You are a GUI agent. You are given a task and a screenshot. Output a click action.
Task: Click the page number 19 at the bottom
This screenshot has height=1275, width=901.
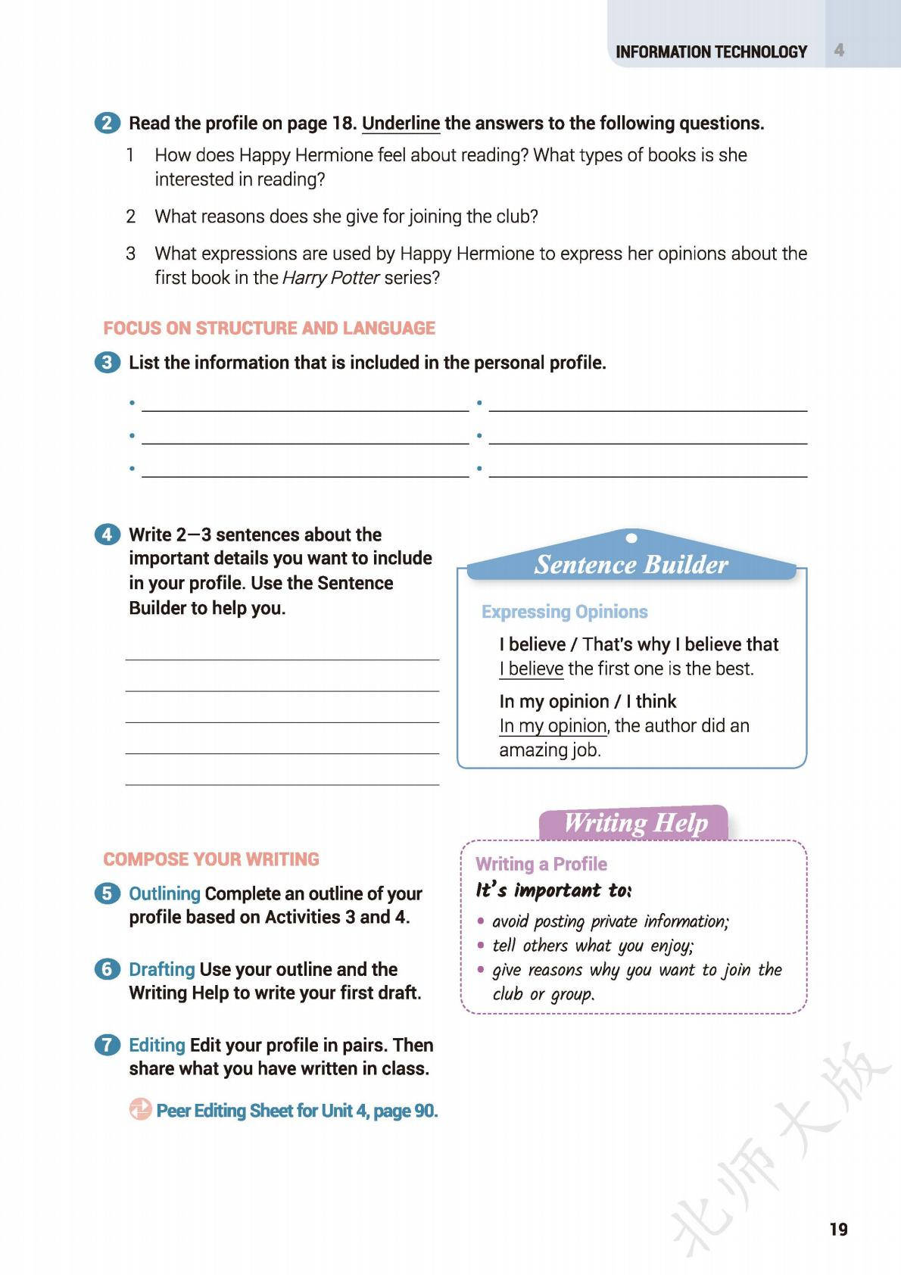[838, 1229]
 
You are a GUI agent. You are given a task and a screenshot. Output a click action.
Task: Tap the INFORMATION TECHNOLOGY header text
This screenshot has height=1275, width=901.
[711, 52]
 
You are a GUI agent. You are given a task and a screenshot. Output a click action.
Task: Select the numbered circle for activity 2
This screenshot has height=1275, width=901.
[108, 123]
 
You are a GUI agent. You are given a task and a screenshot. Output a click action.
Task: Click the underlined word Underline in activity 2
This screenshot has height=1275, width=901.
[401, 123]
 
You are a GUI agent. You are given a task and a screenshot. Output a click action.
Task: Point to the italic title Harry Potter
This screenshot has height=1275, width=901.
[330, 278]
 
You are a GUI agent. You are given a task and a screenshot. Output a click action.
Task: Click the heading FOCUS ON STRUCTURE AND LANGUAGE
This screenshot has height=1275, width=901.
[269, 328]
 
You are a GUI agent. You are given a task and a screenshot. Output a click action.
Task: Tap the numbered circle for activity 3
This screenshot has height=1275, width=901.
[108, 363]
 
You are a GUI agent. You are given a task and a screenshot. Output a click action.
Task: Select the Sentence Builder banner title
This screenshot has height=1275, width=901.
[631, 565]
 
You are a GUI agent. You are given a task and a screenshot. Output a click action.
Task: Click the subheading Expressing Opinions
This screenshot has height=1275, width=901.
[564, 612]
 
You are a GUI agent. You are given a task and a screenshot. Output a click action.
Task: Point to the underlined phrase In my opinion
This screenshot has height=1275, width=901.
[553, 726]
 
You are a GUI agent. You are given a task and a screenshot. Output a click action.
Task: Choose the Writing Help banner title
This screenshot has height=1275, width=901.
[635, 823]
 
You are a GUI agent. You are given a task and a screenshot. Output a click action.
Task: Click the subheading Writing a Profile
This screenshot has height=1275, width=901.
[541, 864]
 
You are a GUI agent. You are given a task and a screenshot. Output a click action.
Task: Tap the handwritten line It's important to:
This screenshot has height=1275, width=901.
[553, 890]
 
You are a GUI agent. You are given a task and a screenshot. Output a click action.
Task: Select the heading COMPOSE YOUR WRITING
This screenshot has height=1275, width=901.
[211, 859]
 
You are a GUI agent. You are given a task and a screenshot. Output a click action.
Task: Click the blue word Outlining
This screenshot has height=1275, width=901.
[164, 893]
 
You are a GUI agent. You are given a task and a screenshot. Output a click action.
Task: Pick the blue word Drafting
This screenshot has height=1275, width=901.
[161, 969]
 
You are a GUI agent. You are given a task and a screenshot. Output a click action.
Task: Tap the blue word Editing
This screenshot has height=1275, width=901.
[157, 1045]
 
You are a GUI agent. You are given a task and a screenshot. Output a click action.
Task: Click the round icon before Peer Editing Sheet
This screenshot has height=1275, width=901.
[140, 1110]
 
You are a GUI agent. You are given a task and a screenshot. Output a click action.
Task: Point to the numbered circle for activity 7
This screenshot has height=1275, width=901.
[108, 1046]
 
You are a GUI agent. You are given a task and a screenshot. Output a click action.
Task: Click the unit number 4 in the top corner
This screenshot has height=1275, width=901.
[839, 51]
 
